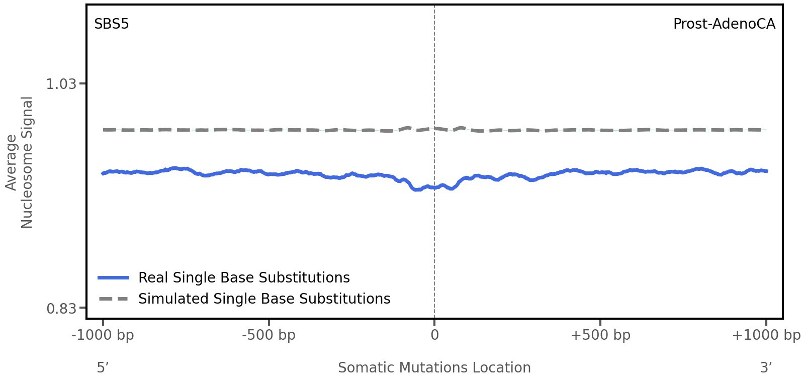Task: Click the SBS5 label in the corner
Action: point(111,24)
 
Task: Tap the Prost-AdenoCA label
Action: point(724,24)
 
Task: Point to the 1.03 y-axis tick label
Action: point(61,84)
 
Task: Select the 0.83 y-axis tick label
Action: point(61,308)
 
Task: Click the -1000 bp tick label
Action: point(103,335)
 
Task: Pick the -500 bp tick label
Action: point(268,335)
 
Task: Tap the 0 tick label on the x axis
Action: point(434,335)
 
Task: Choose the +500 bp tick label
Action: point(600,335)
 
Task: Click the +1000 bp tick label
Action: point(766,335)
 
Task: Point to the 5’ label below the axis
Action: point(103,368)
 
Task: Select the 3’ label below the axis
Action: point(766,368)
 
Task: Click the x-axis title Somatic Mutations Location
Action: point(434,368)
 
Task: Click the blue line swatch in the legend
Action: point(114,278)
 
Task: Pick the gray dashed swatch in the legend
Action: point(114,299)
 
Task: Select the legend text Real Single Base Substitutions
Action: point(244,278)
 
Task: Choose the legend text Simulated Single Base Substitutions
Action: point(264,299)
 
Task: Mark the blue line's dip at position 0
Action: point(434,187)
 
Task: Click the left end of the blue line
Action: point(103,173)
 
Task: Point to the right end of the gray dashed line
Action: point(765,130)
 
